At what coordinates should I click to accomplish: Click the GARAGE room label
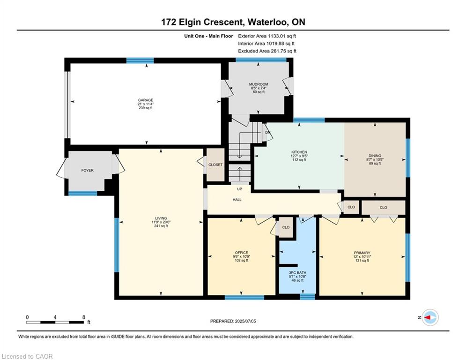tap(146, 100)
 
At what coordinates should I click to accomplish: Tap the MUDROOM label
tap(259, 84)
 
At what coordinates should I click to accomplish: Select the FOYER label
tap(88, 171)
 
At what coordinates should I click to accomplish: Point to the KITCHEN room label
tap(299, 152)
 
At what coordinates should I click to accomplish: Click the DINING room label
tap(375, 156)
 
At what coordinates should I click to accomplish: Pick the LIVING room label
tap(161, 218)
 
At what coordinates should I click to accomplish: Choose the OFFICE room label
tap(241, 253)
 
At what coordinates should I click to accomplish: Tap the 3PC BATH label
tap(297, 272)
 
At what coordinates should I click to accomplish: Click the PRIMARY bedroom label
tap(362, 253)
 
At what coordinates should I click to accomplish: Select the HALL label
tap(237, 200)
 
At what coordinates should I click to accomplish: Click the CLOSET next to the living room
tap(215, 165)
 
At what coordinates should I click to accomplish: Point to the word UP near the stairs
tap(239, 189)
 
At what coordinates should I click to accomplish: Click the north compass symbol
tap(430, 317)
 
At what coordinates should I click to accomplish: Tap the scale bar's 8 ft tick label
tap(84, 317)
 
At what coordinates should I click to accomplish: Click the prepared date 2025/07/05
tap(245, 321)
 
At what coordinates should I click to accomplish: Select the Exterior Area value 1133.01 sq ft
tap(282, 36)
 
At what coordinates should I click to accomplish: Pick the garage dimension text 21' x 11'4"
tap(146, 104)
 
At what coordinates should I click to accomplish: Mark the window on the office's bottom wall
tap(244, 297)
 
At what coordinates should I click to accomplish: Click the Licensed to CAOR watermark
tap(27, 356)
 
